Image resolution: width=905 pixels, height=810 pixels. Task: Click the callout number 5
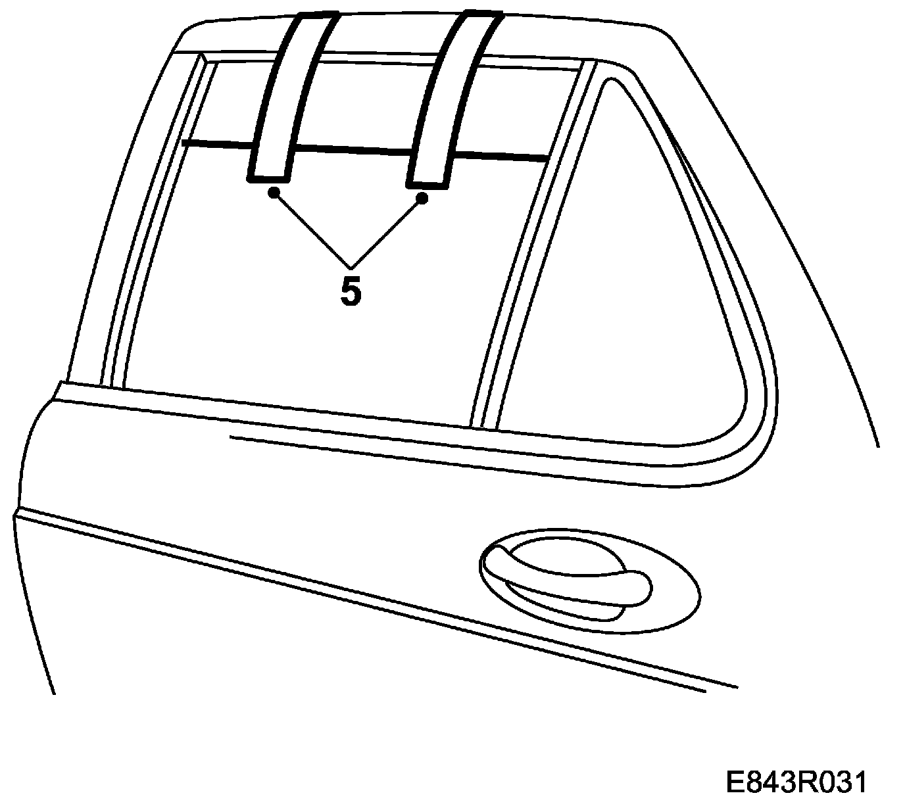(351, 291)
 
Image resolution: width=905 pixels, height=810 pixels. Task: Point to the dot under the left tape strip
(274, 192)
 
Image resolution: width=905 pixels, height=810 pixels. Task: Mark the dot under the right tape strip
(423, 197)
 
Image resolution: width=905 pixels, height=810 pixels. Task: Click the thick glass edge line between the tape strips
(352, 151)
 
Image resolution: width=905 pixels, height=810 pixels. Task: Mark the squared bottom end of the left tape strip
(268, 176)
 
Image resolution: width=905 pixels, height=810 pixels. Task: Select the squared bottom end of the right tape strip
(428, 181)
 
